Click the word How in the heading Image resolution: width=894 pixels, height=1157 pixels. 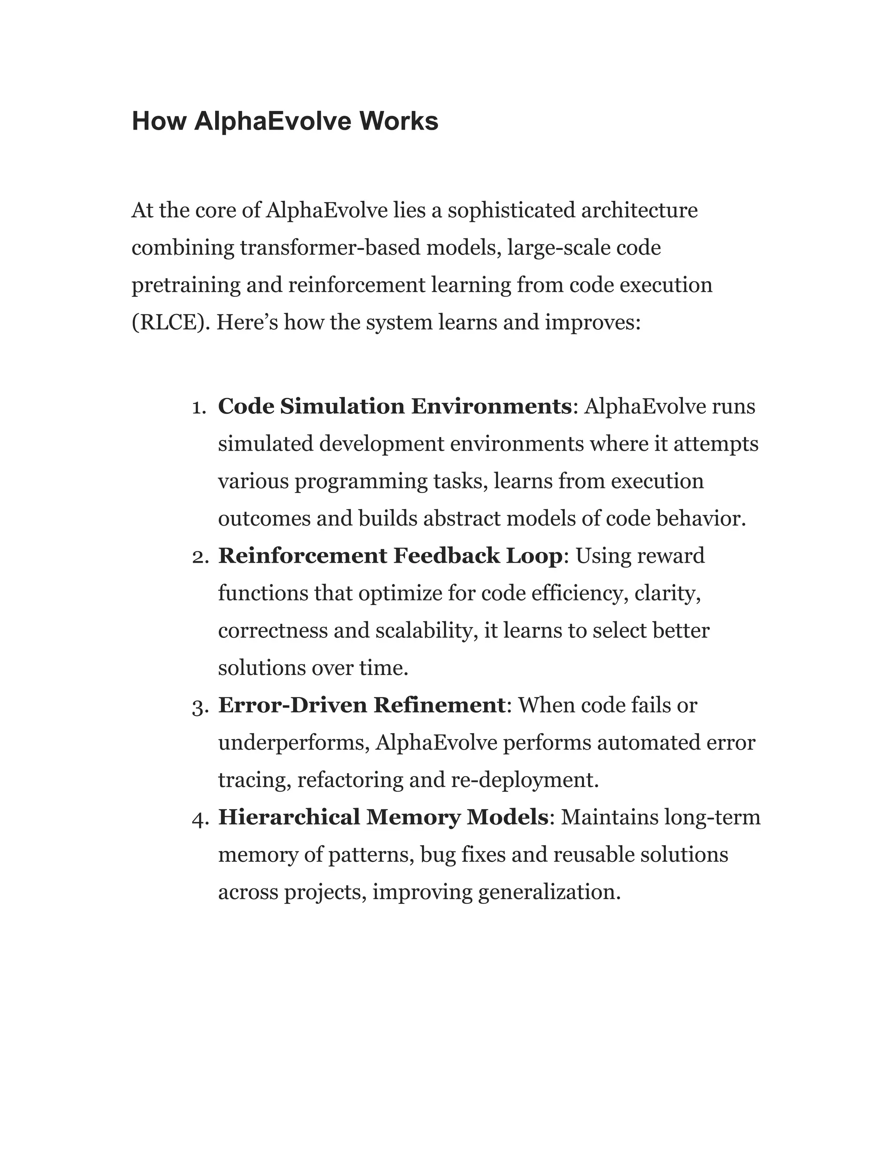pyautogui.click(x=158, y=121)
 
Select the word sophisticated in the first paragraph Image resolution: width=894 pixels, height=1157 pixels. pyautogui.click(x=511, y=210)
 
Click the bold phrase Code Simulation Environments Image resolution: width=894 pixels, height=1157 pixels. pyautogui.click(x=395, y=406)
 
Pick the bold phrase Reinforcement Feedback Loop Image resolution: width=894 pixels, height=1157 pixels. pyautogui.click(x=390, y=556)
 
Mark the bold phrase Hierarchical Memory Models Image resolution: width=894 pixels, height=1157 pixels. pyautogui.click(x=383, y=817)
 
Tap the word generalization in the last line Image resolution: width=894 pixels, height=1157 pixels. pyautogui.click(x=549, y=892)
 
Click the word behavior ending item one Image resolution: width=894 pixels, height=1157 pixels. pyautogui.click(x=700, y=519)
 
